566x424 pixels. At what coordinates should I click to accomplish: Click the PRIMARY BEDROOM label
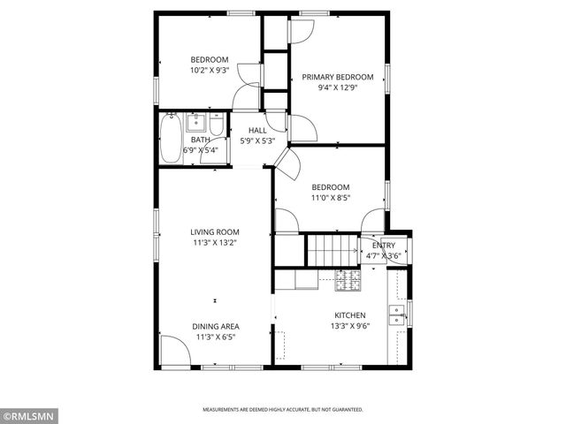(337, 77)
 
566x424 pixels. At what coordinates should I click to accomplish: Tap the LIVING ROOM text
(215, 232)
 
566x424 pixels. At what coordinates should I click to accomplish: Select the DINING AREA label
(216, 326)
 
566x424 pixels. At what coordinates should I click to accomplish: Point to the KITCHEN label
(349, 315)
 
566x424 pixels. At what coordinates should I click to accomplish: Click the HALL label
(256, 131)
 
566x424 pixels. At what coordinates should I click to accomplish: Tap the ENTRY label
(384, 246)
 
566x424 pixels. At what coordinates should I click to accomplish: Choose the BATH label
(200, 140)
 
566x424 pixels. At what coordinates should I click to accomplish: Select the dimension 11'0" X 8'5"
(331, 199)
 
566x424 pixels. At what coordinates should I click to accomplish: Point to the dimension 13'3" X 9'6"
(349, 326)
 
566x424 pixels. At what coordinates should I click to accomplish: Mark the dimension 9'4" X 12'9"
(337, 87)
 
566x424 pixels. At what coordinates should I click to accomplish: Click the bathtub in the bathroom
(171, 139)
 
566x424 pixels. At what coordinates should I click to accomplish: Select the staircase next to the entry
(332, 249)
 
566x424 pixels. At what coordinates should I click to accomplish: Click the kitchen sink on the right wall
(398, 314)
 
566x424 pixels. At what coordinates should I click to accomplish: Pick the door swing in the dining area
(173, 352)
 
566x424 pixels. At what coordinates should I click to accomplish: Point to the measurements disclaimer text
(282, 410)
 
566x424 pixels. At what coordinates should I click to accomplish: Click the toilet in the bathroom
(217, 125)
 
